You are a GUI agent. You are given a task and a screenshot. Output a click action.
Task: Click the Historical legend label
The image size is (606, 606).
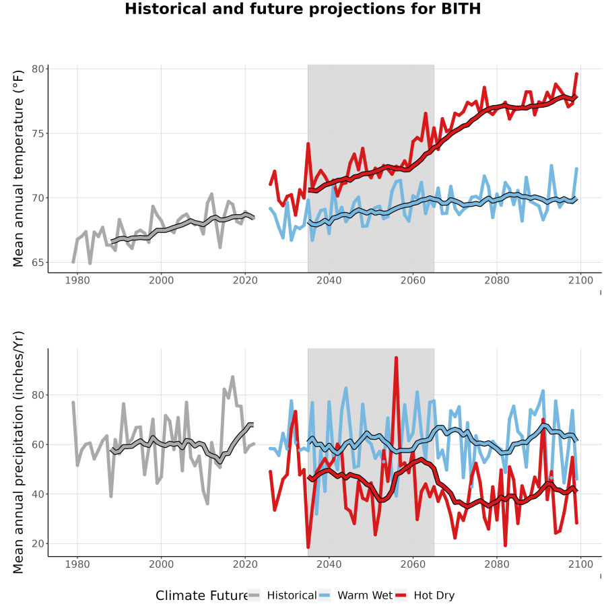tap(292, 595)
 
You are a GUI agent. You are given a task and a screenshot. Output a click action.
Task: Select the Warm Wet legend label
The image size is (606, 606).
tap(365, 595)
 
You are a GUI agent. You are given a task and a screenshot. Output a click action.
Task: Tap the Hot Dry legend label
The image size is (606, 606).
tap(434, 595)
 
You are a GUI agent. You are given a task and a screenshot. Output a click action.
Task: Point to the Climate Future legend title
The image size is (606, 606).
tap(201, 595)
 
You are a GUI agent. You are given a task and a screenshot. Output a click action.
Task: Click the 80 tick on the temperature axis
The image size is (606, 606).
tap(38, 69)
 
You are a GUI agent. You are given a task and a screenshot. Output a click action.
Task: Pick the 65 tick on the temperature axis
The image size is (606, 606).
tap(38, 263)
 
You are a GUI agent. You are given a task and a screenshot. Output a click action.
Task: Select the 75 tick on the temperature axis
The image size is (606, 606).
tap(38, 133)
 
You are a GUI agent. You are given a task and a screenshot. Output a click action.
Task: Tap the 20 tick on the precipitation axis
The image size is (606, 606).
tap(38, 543)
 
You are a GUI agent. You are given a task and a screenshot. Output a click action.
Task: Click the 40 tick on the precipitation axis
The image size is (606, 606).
tap(38, 494)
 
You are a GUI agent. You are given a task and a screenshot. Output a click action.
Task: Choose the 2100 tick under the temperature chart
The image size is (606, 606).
tap(580, 280)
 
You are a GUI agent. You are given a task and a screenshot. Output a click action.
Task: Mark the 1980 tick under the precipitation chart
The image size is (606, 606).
tap(77, 564)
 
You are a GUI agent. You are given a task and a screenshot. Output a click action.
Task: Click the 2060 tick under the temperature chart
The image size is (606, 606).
tap(413, 280)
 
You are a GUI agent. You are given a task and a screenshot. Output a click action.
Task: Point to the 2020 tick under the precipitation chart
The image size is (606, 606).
tap(245, 564)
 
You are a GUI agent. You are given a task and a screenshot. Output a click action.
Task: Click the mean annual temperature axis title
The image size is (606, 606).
tap(18, 168)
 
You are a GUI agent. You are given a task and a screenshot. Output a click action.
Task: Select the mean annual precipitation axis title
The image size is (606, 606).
tap(18, 452)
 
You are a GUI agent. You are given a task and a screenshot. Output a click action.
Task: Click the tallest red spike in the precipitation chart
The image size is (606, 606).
tap(396, 358)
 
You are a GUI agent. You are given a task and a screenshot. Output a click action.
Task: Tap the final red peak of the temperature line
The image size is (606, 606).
tap(576, 73)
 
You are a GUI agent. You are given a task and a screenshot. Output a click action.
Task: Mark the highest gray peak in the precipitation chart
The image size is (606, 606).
tap(232, 377)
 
